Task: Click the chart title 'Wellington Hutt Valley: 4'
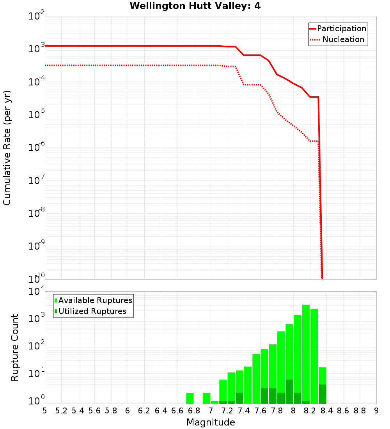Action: (195, 6)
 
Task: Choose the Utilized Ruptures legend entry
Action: (92, 311)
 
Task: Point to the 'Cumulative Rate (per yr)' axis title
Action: (7, 148)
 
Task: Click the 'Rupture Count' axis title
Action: (15, 347)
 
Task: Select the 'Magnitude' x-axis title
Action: (211, 422)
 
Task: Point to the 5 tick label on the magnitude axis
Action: (45, 411)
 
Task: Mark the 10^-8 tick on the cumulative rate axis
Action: (36, 214)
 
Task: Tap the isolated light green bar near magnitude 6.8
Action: (190, 398)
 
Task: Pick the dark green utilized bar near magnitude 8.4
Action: (322, 394)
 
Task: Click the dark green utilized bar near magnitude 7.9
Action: (289, 392)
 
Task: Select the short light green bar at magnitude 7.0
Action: (214, 402)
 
